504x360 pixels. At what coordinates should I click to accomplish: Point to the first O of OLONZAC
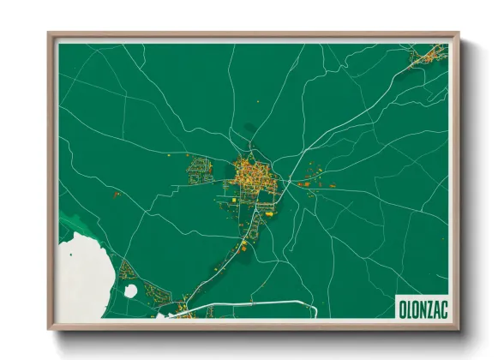(x=402, y=307)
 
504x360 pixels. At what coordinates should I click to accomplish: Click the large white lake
(x=81, y=274)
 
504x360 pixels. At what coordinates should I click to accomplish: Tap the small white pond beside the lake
(x=131, y=291)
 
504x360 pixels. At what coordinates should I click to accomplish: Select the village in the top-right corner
(x=423, y=58)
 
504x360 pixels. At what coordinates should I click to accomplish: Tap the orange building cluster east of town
(x=309, y=183)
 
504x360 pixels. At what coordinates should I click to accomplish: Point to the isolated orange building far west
(x=115, y=195)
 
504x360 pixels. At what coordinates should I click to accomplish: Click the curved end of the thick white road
(x=315, y=310)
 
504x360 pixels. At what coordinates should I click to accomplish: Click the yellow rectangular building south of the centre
(x=243, y=247)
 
